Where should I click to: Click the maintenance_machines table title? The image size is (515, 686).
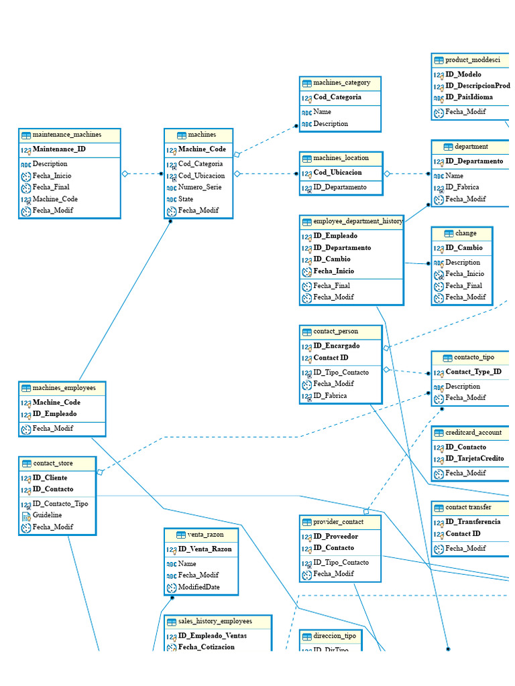point(67,135)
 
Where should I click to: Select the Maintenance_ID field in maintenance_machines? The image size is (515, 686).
point(59,149)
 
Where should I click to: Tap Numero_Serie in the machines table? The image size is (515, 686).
point(199,188)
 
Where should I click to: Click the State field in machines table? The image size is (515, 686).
point(186,199)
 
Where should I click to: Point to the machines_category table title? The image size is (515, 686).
point(341,83)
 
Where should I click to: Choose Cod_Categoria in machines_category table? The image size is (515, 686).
point(337,97)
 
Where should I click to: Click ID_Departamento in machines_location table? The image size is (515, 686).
point(340,188)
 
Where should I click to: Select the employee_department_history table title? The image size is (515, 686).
point(358,221)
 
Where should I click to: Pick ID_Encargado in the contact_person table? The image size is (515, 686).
point(336,346)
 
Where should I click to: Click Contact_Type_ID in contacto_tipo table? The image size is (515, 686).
point(473,372)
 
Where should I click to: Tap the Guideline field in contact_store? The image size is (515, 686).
point(47,515)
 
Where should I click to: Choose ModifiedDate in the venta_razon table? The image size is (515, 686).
point(198,587)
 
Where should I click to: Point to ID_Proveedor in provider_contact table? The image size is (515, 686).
point(335,537)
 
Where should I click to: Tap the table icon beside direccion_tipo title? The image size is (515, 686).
point(306,636)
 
